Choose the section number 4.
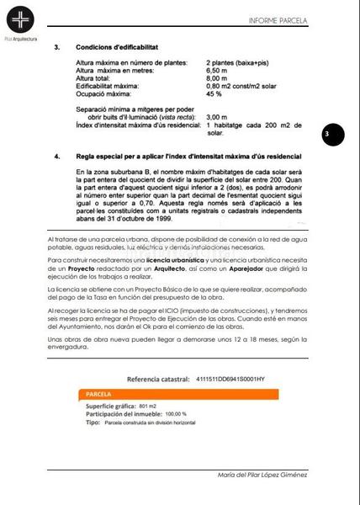pyautogui.click(x=56, y=157)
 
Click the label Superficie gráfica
pyautogui.click(x=111, y=406)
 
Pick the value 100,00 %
pyautogui.click(x=176, y=414)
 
